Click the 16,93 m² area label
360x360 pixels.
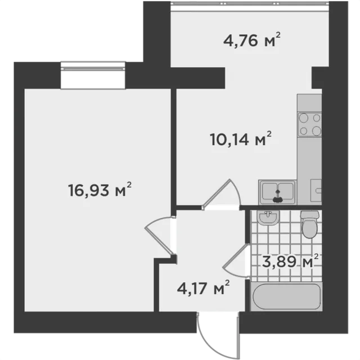pos(100,190)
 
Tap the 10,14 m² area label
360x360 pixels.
pos(241,139)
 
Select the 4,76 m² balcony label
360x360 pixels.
pos(252,40)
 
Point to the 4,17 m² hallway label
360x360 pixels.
pos(203,287)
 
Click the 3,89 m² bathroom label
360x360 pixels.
pos(290,261)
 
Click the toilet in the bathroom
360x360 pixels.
pos(310,224)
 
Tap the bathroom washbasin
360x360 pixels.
pos(268,218)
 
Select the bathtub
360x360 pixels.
pos(286,296)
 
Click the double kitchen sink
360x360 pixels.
pos(277,192)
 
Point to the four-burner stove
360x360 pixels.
pos(309,124)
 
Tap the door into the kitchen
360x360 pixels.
pos(221,195)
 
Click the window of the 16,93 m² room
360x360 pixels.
pos(93,75)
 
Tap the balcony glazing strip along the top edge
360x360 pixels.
pos(250,3)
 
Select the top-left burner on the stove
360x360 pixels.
pos(304,118)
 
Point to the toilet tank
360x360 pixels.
pos(310,214)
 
